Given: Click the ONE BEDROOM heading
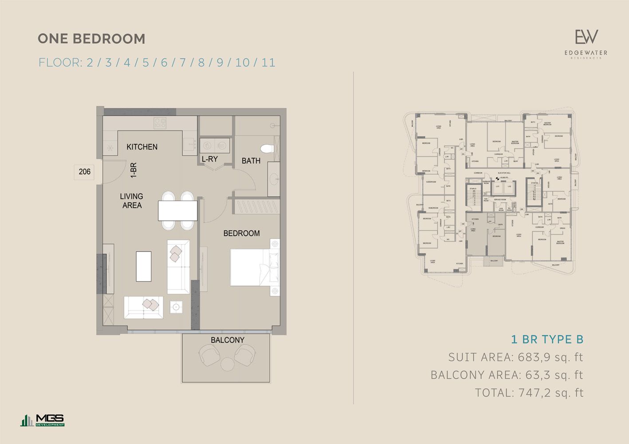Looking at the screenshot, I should click(x=91, y=39).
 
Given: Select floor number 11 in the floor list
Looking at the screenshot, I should click(x=268, y=63).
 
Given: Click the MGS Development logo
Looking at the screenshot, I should click(x=43, y=420).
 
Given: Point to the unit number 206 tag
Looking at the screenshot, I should click(x=84, y=172).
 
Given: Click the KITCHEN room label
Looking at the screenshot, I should click(x=142, y=147).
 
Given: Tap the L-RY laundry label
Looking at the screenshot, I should click(x=209, y=159).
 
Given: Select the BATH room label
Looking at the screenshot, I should click(x=251, y=161).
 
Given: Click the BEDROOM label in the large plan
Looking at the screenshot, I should click(x=241, y=233).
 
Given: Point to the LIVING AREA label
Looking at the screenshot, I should click(x=132, y=201).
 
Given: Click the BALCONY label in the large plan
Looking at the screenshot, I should click(x=227, y=340).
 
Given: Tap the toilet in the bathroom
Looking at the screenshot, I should click(x=268, y=149).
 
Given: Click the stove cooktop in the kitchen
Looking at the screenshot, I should click(x=160, y=123).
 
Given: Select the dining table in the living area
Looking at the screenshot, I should click(x=177, y=210).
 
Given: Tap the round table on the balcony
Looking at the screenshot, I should click(x=228, y=364).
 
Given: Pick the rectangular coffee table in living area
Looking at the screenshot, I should click(x=143, y=266).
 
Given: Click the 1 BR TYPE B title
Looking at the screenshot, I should click(x=547, y=340).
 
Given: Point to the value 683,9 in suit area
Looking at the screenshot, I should click(x=534, y=357).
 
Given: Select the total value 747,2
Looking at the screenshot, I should click(x=535, y=393).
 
